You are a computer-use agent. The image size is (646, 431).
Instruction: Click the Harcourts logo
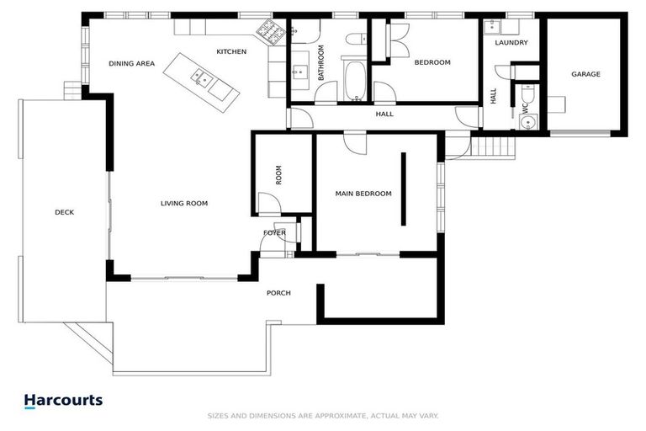pos(63,401)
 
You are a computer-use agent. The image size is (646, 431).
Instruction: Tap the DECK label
pos(64,212)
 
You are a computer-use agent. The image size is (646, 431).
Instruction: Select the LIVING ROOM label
pos(184,204)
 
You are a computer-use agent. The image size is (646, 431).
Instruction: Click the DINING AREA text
pos(132,63)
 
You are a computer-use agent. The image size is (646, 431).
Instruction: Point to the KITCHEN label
pos(231,51)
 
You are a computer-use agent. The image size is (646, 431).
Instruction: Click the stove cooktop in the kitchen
pos(270,31)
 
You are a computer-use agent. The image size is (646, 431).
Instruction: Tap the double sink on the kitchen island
pos(202,77)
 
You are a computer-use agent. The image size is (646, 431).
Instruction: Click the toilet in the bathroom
pos(357,40)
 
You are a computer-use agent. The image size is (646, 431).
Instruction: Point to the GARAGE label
pos(585,74)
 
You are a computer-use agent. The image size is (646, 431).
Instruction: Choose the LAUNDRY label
pos(511,42)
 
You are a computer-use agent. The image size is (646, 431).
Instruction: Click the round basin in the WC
pos(527,123)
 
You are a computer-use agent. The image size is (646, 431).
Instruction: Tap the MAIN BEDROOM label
pos(363,194)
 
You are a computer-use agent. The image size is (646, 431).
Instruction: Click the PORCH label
pos(278,293)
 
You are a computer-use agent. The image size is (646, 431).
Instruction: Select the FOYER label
pos(274,233)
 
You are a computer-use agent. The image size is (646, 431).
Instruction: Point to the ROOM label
pos(278,175)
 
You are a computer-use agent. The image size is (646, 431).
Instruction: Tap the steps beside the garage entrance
pos(493,146)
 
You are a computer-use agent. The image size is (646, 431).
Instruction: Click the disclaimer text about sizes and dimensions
pos(323,416)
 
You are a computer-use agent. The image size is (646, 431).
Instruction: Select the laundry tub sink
pos(491,27)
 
